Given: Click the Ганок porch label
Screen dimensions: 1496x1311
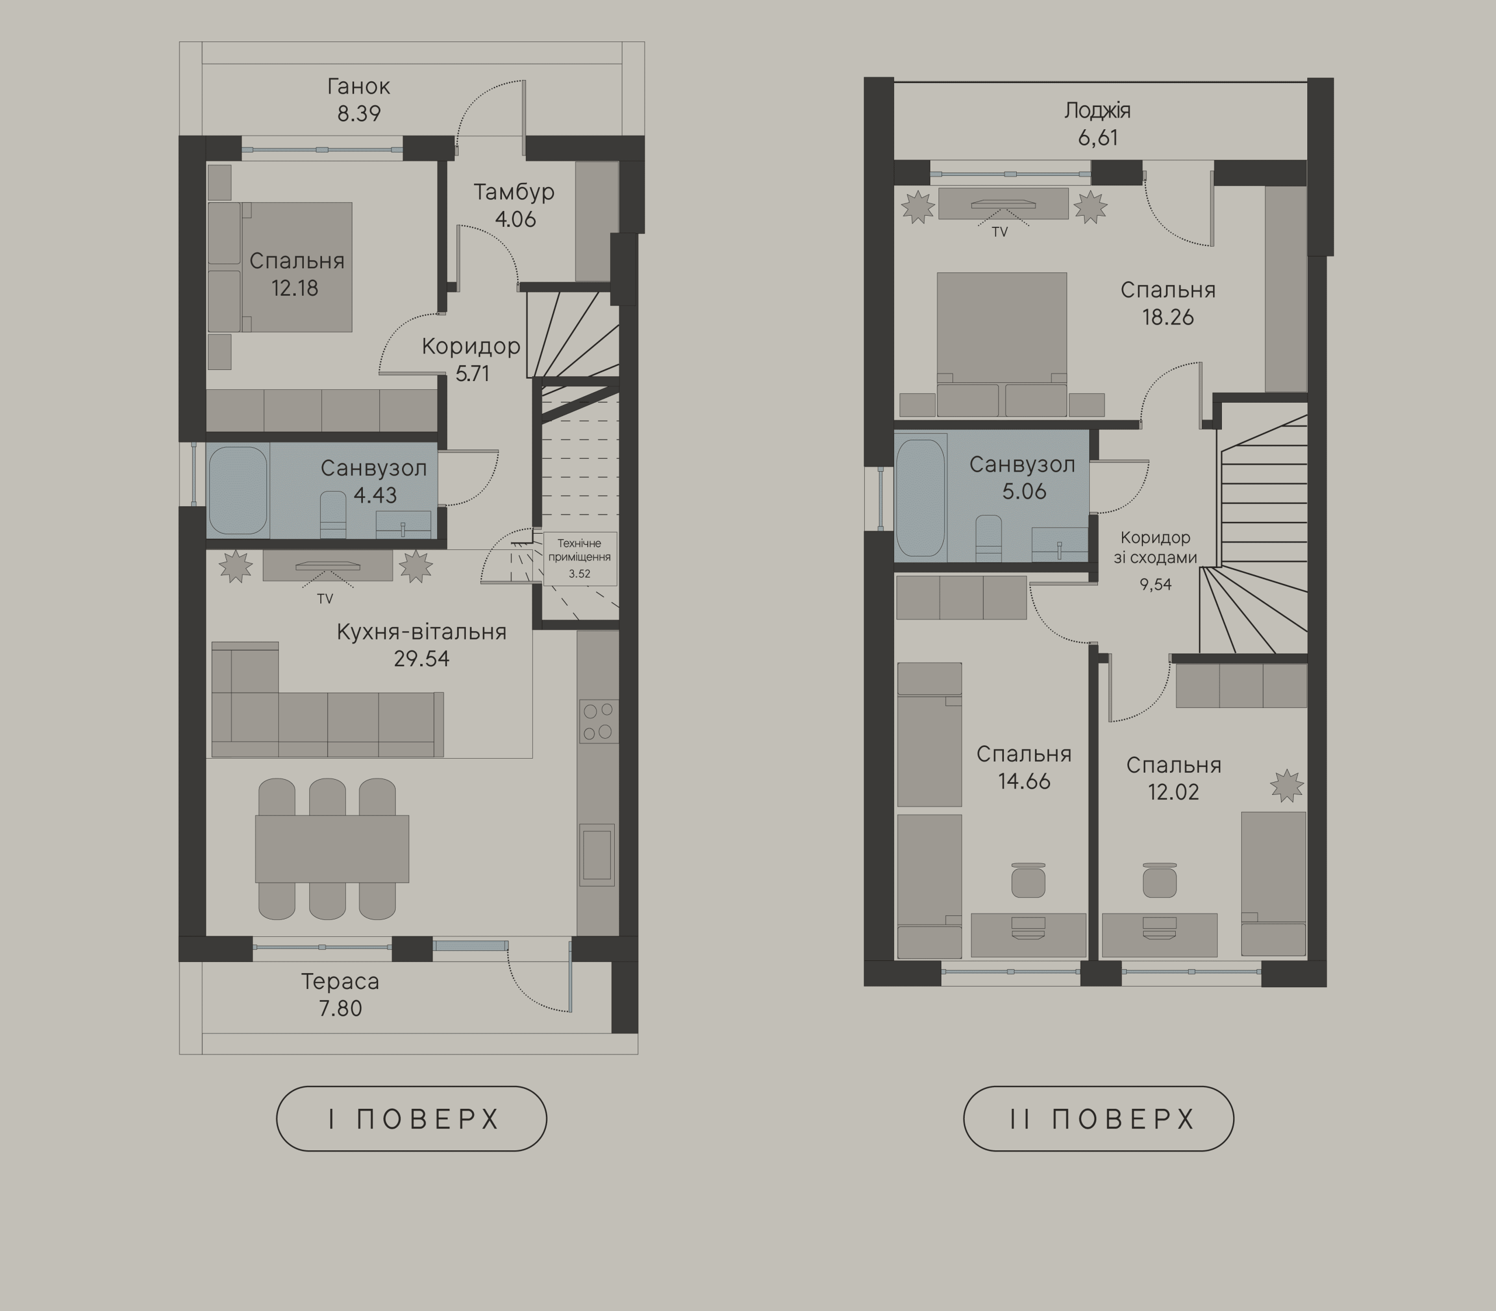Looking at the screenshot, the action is click(358, 87).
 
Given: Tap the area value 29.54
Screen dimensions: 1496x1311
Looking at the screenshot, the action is click(421, 659).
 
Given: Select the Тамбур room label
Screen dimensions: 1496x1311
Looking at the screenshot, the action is click(514, 192).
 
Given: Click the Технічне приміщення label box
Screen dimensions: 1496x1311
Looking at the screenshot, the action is click(579, 558).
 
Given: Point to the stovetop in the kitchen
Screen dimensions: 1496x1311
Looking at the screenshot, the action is click(598, 721).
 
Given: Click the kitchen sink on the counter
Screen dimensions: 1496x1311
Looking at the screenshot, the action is click(597, 855).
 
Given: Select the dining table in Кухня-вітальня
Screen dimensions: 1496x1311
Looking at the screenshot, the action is click(332, 849).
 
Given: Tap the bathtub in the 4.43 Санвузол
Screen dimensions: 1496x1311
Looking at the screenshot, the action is click(238, 491).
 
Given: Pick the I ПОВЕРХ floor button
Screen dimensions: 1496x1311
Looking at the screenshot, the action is click(411, 1119).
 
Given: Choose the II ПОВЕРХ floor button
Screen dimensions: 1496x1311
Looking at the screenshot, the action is click(1099, 1119).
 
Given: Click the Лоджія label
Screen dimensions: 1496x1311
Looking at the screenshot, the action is click(1097, 111).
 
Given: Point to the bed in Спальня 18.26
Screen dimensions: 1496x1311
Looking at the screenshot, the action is click(1002, 344).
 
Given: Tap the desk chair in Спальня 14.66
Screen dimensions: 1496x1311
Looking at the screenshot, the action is click(1028, 880).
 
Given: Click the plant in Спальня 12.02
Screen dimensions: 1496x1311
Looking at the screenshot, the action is click(1287, 786).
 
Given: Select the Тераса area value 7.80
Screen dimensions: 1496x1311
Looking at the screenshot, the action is click(340, 1009).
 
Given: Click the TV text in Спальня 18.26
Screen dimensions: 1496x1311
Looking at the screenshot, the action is click(999, 232).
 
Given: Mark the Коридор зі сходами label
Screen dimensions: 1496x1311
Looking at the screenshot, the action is click(1156, 547).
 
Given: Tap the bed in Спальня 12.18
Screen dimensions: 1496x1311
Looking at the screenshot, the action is click(280, 267).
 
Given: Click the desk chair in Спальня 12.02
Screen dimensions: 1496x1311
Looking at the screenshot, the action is click(1159, 880).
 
